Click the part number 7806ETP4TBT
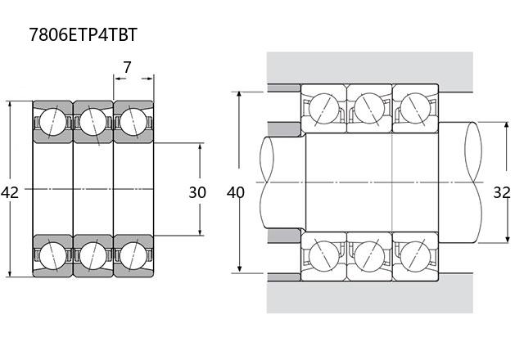(x=84, y=34)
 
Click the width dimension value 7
(x=127, y=67)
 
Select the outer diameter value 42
(x=10, y=193)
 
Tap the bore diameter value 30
(x=197, y=193)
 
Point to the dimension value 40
(x=236, y=193)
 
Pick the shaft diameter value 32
(x=502, y=193)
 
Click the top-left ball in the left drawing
(x=52, y=122)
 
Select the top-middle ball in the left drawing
(x=93, y=122)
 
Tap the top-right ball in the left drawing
(x=133, y=122)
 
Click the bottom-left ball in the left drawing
(x=52, y=256)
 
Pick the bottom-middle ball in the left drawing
(x=93, y=256)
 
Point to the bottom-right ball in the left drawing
(x=133, y=256)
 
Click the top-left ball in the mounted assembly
(x=324, y=109)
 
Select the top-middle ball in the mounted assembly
(x=369, y=109)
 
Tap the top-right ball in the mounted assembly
(x=415, y=109)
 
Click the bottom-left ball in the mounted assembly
(x=324, y=256)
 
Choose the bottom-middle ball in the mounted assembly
(x=369, y=256)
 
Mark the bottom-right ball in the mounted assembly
(x=415, y=256)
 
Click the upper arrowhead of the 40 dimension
(x=239, y=95)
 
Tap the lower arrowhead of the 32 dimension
(x=508, y=239)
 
